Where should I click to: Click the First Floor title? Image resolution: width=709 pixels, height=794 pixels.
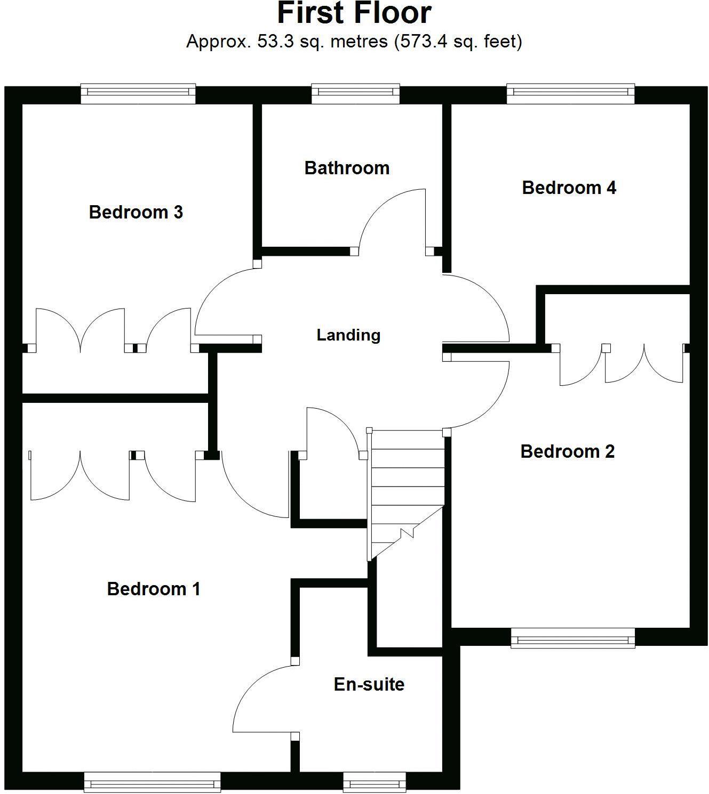click(354, 14)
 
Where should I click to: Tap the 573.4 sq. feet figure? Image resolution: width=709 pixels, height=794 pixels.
click(458, 41)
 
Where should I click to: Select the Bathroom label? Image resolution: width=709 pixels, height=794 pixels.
click(347, 168)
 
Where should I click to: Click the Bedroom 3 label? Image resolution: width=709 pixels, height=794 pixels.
click(136, 212)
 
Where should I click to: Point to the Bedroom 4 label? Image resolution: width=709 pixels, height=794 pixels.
click(569, 188)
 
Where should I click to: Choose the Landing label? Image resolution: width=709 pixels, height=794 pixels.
click(348, 335)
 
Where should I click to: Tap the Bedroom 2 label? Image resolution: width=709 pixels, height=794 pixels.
click(567, 451)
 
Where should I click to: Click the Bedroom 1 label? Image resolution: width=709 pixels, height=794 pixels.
click(154, 589)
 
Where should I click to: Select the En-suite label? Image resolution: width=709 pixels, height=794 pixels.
click(369, 684)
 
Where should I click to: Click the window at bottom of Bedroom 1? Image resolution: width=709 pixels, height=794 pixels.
click(152, 782)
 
